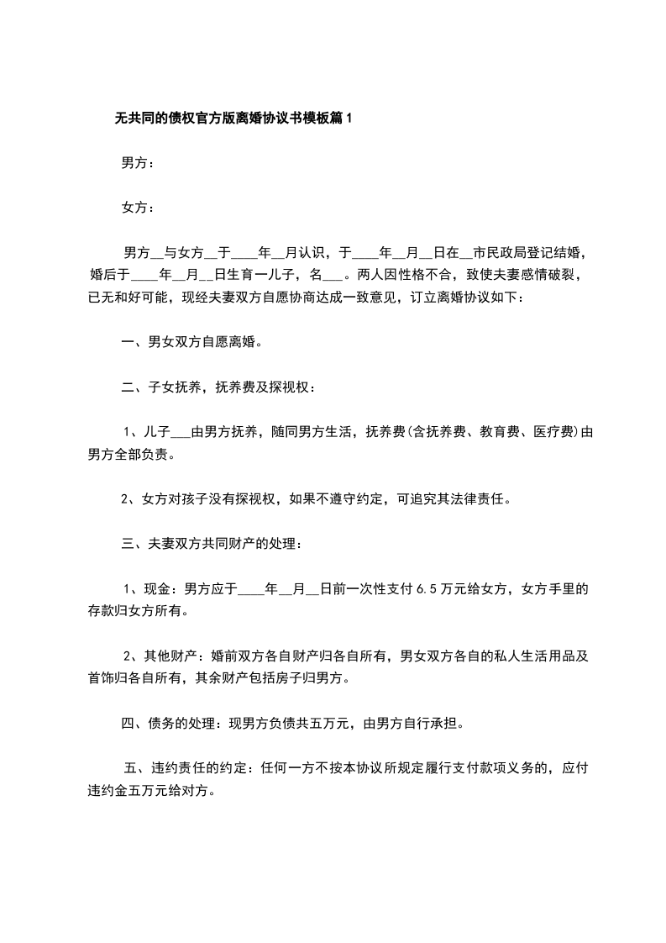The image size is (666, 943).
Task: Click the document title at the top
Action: coord(233,119)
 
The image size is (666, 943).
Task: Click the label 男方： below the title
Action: coord(138,163)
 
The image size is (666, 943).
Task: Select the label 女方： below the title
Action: coord(138,207)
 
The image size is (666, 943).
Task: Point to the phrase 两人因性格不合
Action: coord(405,274)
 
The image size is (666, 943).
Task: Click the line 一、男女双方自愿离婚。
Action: coord(192,342)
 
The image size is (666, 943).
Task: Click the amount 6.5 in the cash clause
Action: coord(426,588)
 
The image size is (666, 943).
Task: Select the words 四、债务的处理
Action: coord(170,723)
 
